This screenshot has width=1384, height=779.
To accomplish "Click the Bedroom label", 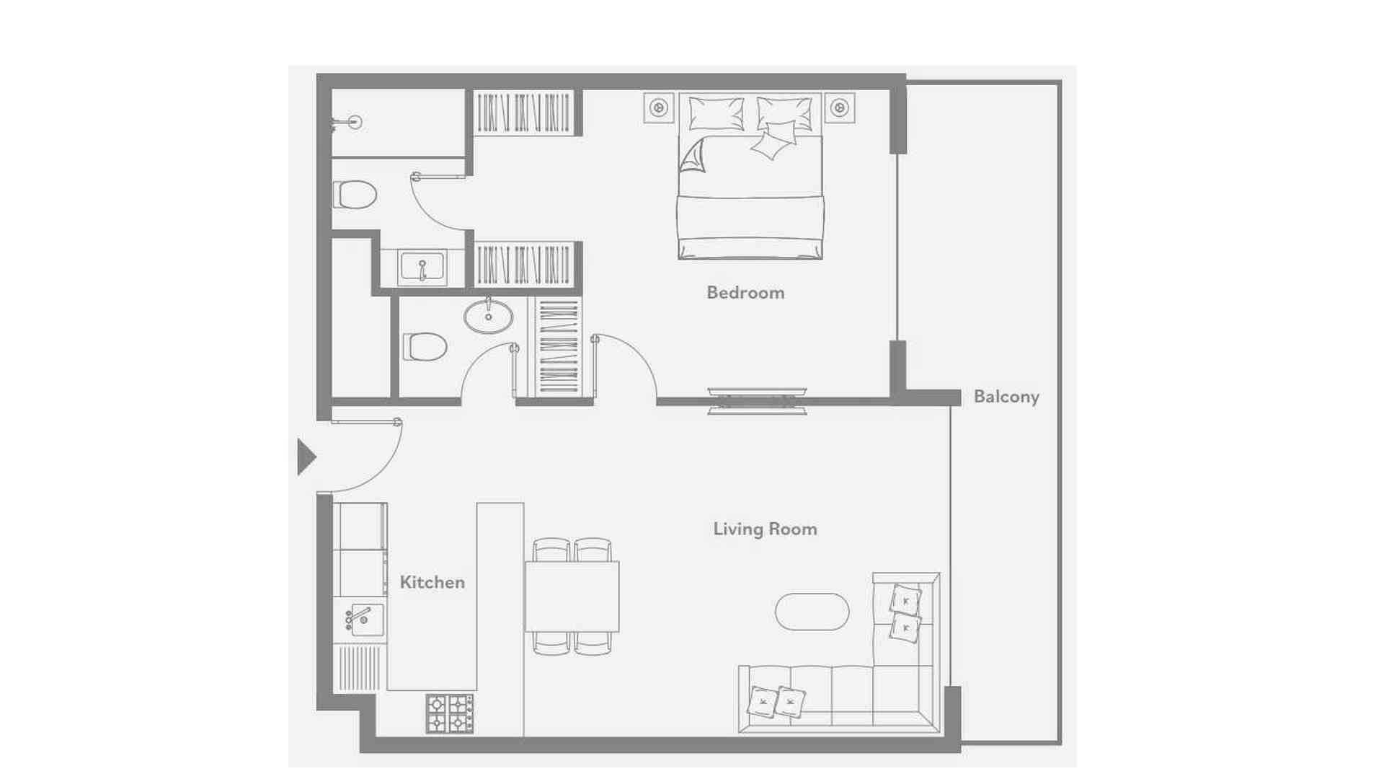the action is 745,293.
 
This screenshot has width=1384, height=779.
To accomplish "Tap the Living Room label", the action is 765,529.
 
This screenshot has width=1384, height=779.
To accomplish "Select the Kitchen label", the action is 432,582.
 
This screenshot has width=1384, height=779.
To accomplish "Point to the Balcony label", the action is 1006,397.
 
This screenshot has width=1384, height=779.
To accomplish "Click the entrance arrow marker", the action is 306,457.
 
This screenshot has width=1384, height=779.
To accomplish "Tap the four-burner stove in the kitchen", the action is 449,714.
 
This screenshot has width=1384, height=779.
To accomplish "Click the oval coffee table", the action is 812,612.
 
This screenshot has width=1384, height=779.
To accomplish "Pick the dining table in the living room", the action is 572,597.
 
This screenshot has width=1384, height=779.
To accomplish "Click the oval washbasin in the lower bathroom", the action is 488,317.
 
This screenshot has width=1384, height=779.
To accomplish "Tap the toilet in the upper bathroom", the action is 355,195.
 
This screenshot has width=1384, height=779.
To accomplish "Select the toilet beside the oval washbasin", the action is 425,347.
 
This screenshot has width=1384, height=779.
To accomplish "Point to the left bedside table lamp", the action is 658,108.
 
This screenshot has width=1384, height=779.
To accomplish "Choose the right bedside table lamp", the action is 839,108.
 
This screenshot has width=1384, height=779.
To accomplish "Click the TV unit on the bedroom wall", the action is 757,401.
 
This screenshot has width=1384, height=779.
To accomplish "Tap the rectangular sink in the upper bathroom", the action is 422,268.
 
